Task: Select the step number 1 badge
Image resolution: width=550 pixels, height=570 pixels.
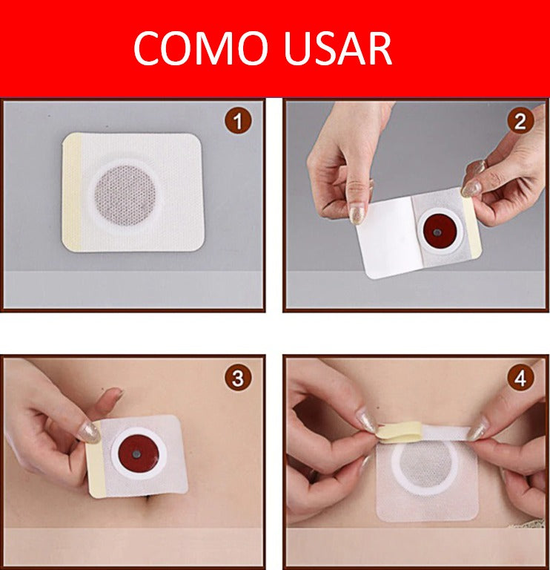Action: click(x=238, y=120)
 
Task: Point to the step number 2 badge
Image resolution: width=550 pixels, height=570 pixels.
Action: click(x=520, y=120)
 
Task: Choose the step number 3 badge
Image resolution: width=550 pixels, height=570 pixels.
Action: click(x=238, y=379)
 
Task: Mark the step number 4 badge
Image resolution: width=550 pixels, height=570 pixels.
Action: click(x=520, y=379)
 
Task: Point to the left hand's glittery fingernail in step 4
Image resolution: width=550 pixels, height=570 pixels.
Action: click(x=366, y=421)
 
